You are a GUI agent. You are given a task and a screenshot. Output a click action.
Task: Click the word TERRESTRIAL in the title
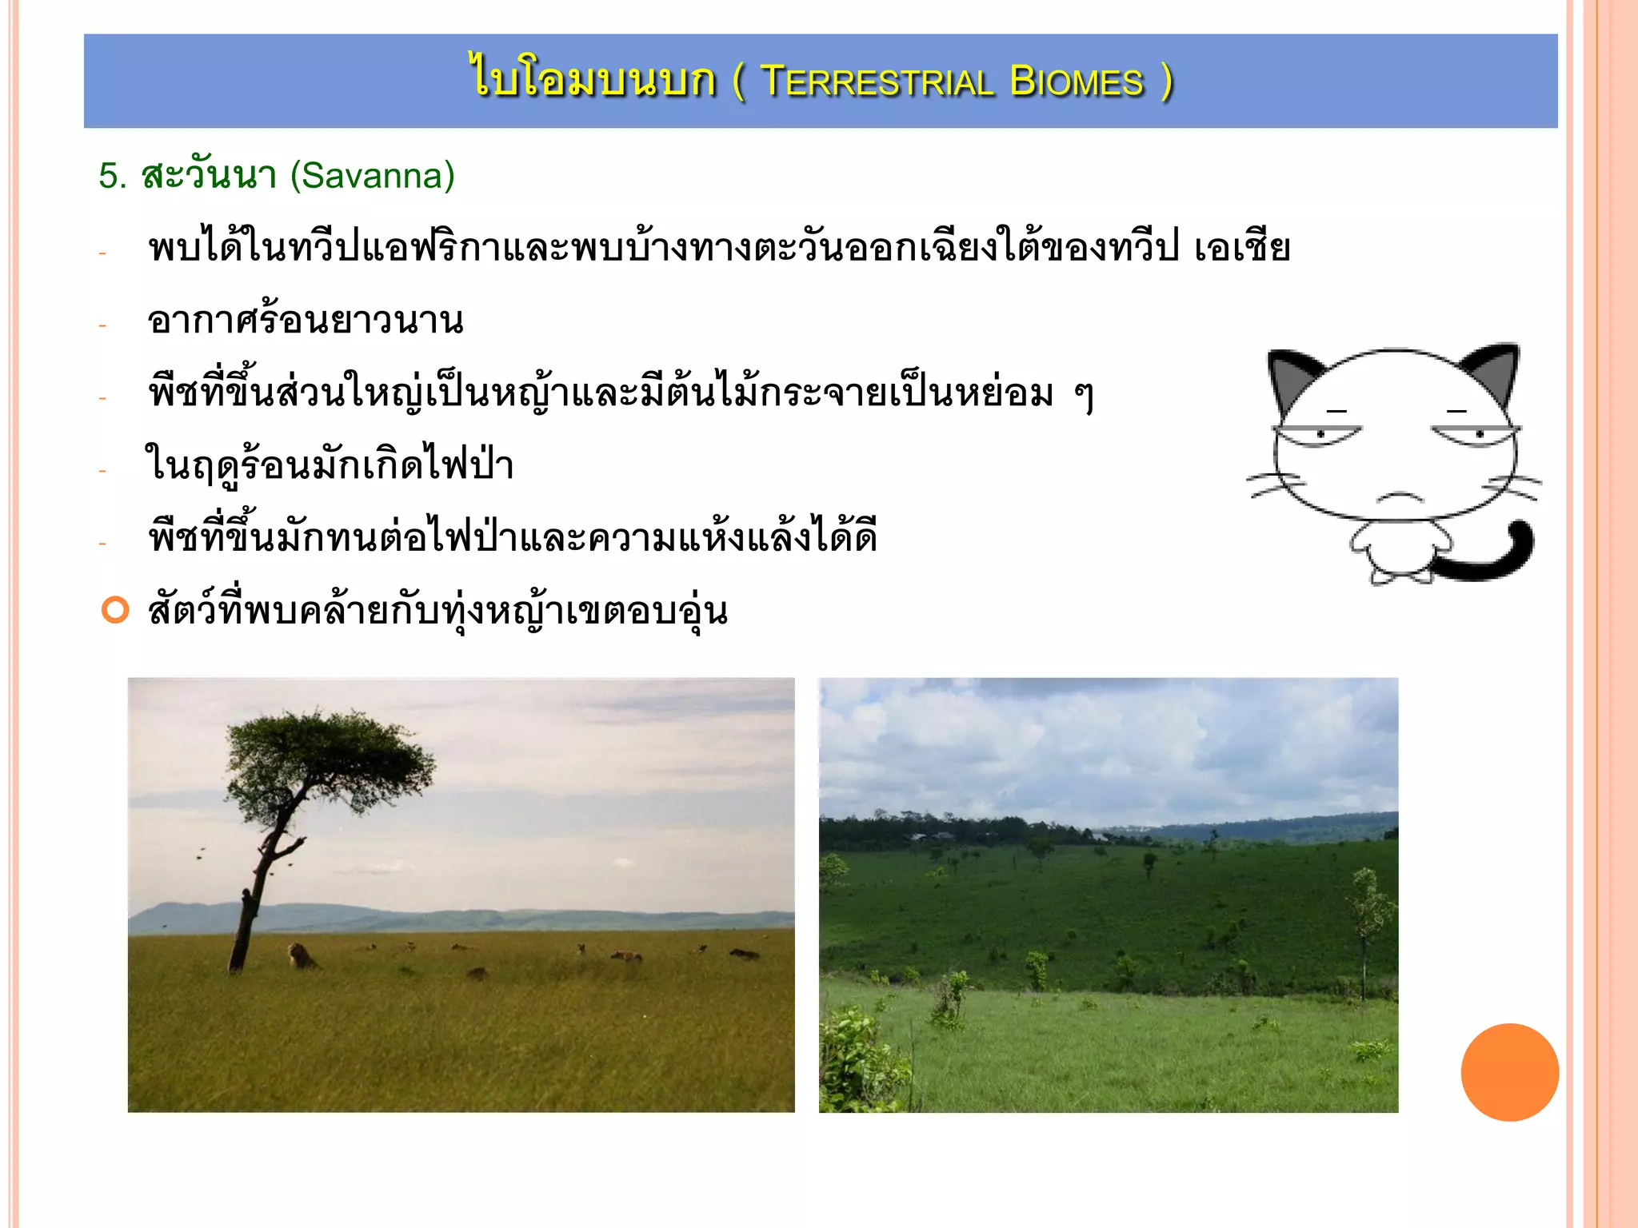click(877, 82)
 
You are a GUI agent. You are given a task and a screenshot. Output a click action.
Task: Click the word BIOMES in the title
click(1077, 82)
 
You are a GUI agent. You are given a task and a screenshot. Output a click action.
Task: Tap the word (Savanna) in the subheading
click(372, 175)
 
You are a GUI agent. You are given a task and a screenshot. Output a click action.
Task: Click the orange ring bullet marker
click(115, 610)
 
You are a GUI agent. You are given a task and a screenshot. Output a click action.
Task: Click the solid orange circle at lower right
click(1509, 1072)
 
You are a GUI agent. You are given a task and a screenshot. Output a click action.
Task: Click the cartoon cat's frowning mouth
click(1399, 498)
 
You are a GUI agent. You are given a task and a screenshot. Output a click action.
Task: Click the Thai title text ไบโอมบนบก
click(593, 81)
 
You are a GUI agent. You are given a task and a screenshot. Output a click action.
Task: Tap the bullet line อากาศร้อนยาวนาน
click(305, 321)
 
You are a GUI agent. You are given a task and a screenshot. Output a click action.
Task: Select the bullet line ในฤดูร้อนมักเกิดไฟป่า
click(329, 465)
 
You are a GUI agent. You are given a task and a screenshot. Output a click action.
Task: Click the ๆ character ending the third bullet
click(1084, 395)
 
